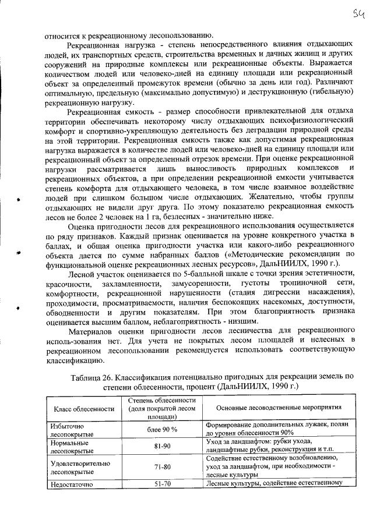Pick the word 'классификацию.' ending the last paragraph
pyautogui.click(x=72, y=360)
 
